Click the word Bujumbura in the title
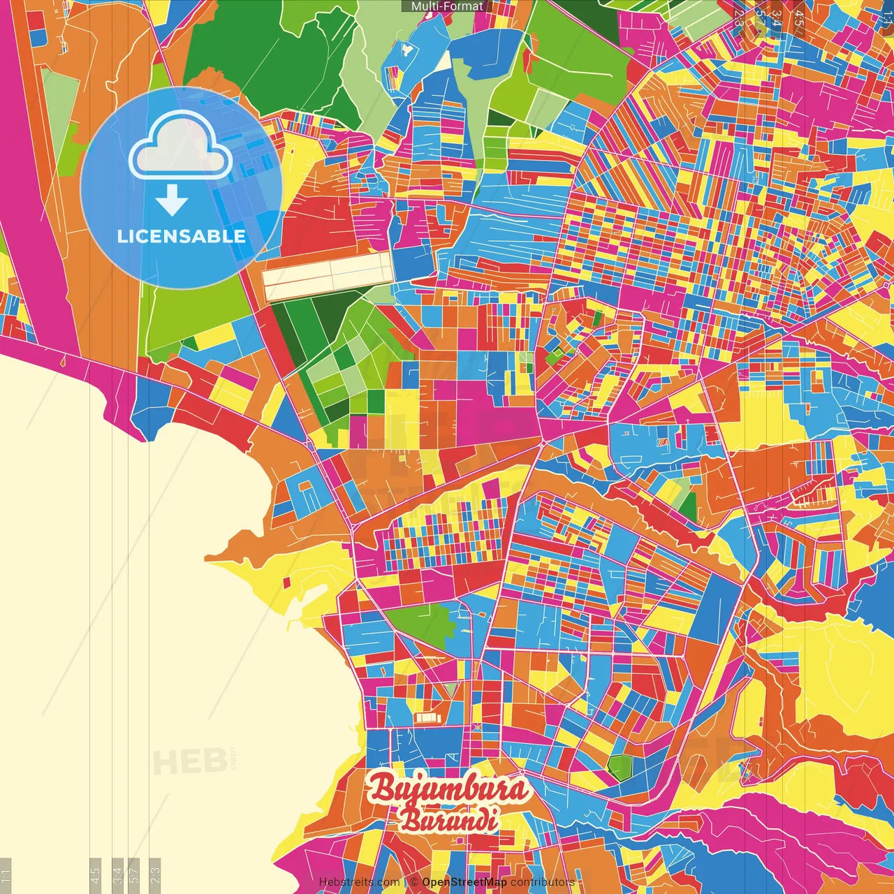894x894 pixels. [x=448, y=789]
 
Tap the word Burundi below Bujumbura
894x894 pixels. [x=448, y=819]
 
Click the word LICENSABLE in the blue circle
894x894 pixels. [x=182, y=236]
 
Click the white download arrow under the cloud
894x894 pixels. [x=172, y=200]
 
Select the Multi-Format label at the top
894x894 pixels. [x=447, y=6]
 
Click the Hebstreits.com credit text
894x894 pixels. [x=359, y=882]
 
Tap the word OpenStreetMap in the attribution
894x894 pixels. [x=464, y=882]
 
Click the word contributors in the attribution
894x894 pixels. [x=542, y=882]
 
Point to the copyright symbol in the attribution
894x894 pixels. [x=414, y=882]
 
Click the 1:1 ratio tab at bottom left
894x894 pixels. [x=6, y=874]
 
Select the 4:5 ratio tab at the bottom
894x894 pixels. [x=96, y=874]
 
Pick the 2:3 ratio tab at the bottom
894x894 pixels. [x=155, y=874]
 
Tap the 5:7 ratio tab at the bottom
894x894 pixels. [x=135, y=874]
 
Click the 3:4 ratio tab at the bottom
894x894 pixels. [x=117, y=874]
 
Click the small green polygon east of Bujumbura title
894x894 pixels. [x=620, y=767]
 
